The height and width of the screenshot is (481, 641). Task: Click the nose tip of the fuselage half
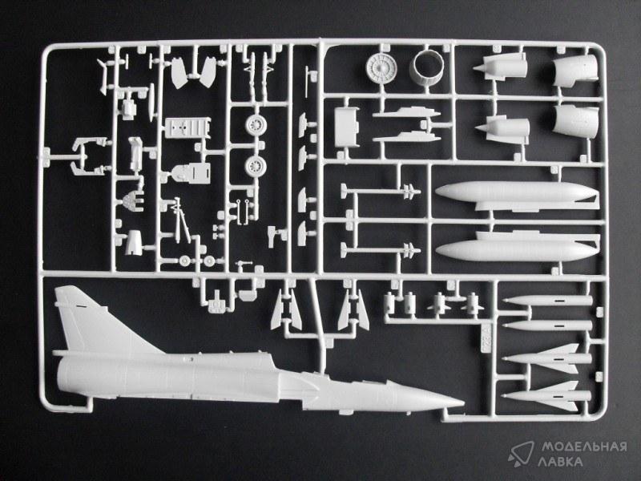click(461, 401)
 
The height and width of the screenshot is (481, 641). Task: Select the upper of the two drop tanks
click(514, 196)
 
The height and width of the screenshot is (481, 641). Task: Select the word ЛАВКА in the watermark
click(564, 463)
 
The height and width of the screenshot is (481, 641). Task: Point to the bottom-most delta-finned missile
click(546, 392)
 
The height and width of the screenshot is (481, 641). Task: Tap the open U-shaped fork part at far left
click(83, 154)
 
